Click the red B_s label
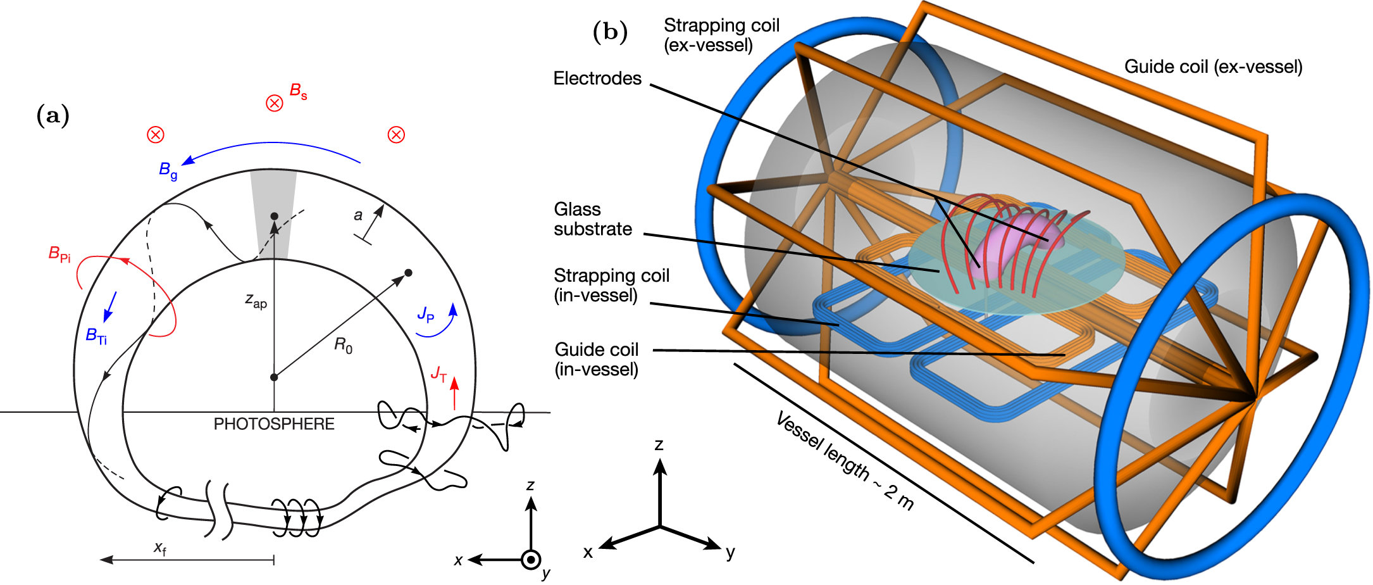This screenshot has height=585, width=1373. coord(298,92)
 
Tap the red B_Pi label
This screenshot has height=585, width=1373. coord(59,255)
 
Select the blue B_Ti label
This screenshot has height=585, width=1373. coord(96,336)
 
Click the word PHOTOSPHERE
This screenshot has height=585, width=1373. coord(274,424)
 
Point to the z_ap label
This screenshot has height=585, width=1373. coord(256,301)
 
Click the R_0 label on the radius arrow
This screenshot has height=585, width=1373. coord(343,346)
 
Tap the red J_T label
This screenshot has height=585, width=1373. coord(438,375)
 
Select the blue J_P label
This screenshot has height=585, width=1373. coord(426,314)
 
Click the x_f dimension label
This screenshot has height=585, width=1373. coord(160,548)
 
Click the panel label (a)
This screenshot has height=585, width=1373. coord(53,116)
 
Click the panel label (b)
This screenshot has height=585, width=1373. coord(610,32)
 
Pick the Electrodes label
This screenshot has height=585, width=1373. coord(597,79)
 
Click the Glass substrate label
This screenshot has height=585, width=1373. coord(592,219)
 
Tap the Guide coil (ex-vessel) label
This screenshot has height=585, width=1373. coord(1213,67)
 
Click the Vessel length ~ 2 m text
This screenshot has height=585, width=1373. coord(845,461)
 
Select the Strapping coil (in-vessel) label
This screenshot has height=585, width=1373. coord(611,286)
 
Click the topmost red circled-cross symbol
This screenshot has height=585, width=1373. coord(274,103)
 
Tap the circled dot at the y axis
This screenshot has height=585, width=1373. coord(531,560)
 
